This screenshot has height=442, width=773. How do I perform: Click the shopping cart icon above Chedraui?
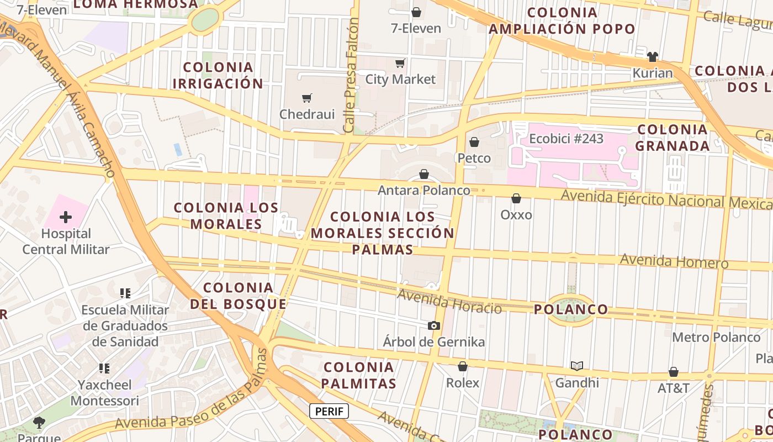(307, 98)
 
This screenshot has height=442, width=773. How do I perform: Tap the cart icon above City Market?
(400, 64)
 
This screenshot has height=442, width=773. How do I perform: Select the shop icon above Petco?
(474, 143)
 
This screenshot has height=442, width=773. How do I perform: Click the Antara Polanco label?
(423, 191)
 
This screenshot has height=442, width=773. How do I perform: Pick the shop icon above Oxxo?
(516, 198)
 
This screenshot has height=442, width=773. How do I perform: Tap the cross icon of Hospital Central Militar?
(66, 217)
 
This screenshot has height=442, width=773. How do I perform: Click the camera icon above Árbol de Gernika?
(434, 326)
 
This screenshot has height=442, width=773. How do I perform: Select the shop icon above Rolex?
(463, 366)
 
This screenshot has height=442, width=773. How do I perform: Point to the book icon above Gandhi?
(577, 366)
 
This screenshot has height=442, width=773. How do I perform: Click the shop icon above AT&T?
(674, 372)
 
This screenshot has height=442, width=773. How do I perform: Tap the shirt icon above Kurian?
(653, 56)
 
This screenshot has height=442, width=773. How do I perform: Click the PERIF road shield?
(329, 411)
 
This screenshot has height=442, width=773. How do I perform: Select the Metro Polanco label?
(716, 337)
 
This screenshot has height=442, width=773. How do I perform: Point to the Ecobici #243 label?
(566, 139)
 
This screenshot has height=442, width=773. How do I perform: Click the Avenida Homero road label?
(674, 261)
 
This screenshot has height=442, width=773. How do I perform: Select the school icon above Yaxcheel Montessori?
(104, 368)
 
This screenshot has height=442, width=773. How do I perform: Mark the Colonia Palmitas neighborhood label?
(359, 375)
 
